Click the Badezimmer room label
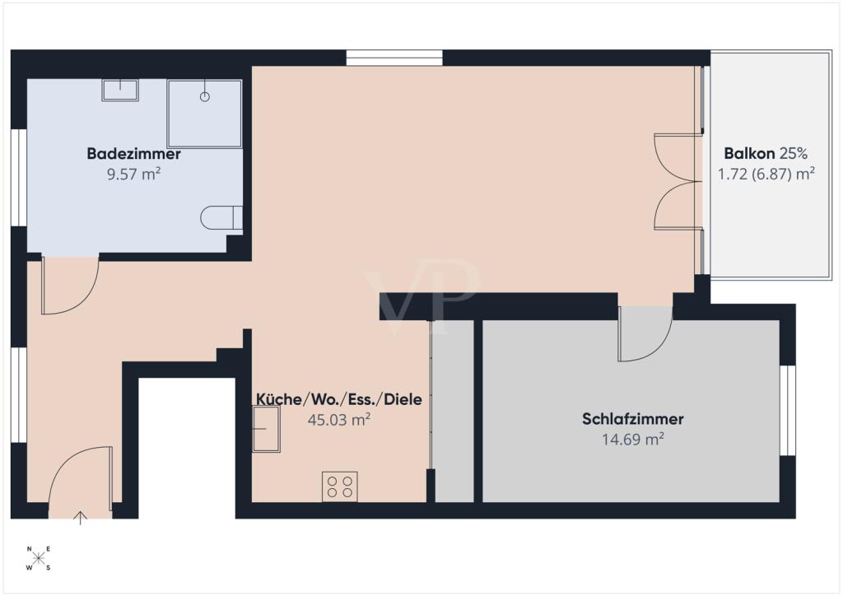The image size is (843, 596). pyautogui.click(x=133, y=154)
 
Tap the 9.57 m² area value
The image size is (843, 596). pyautogui.click(x=134, y=175)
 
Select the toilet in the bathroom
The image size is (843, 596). pyautogui.click(x=221, y=217)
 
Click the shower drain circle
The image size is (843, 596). pyautogui.click(x=204, y=97)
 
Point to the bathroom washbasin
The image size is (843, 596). pyautogui.click(x=120, y=90)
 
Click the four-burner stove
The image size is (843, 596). pyautogui.click(x=340, y=487)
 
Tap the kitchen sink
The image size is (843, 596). pyautogui.click(x=266, y=428)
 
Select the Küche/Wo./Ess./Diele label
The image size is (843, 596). pyautogui.click(x=338, y=399)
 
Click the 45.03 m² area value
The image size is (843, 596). pyautogui.click(x=338, y=420)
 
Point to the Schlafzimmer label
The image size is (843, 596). pyautogui.click(x=633, y=419)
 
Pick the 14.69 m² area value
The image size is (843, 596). pyautogui.click(x=633, y=439)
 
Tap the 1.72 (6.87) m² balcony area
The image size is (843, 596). pyautogui.click(x=766, y=175)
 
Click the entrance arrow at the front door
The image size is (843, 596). pyautogui.click(x=80, y=517)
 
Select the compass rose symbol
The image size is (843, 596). pyautogui.click(x=38, y=558)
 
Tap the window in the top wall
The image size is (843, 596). pyautogui.click(x=394, y=58)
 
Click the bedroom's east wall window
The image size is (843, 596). pyautogui.click(x=788, y=411)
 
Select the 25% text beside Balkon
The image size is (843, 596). pyautogui.click(x=794, y=153)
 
